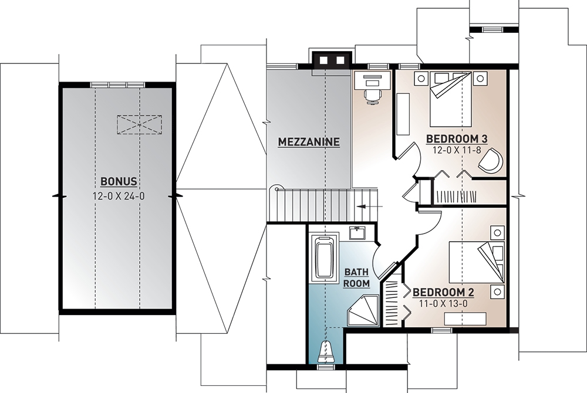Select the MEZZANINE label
click(309, 142)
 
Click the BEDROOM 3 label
click(457, 139)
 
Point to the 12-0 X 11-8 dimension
click(457, 150)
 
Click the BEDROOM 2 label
click(443, 292)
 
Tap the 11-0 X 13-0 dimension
click(443, 303)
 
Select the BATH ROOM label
click(357, 277)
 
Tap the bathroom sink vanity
click(356, 233)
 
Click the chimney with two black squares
click(332, 61)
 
